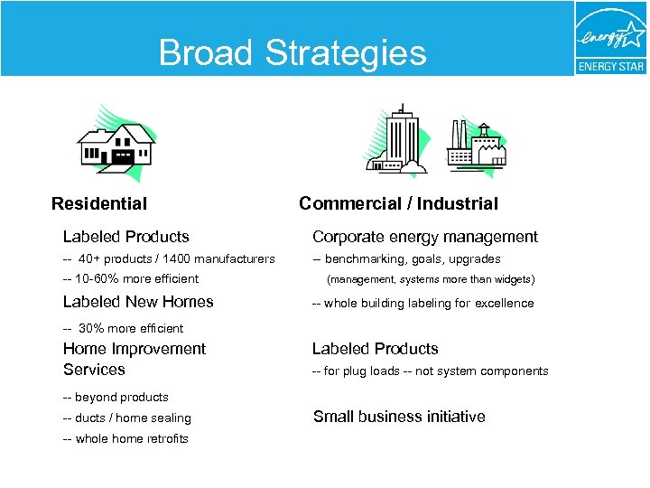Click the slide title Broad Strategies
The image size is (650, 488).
click(292, 52)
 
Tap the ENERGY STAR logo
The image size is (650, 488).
click(611, 39)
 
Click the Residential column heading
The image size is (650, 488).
click(99, 204)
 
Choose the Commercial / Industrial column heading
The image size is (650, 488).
click(398, 204)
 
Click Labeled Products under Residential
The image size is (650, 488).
click(125, 237)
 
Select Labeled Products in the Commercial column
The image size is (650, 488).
click(375, 349)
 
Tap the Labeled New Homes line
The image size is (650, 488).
click(138, 302)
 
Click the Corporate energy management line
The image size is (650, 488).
click(424, 237)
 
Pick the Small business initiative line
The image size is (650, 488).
click(398, 417)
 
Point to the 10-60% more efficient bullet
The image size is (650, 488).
click(131, 279)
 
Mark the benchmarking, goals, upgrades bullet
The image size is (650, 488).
click(406, 259)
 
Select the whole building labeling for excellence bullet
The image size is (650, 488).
click(422, 304)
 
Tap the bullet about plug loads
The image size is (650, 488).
click(430, 371)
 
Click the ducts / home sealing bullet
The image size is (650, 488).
click(127, 418)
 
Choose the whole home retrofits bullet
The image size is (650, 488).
click(125, 439)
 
